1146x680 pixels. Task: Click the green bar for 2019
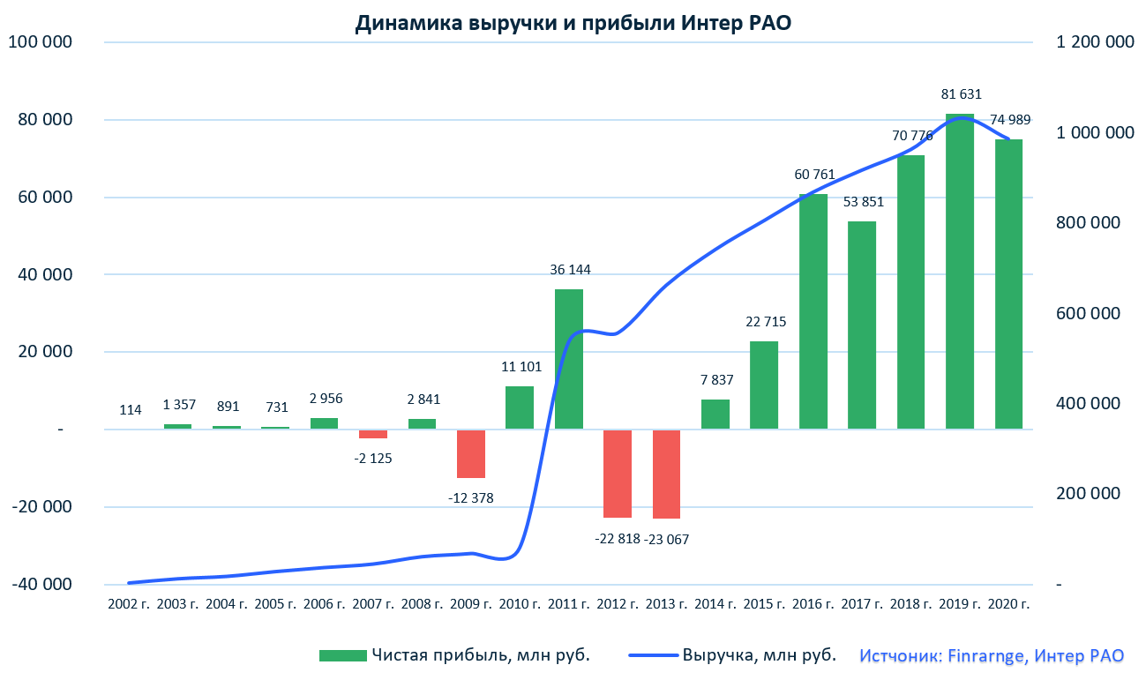tap(960, 272)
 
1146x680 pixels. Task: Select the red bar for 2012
tap(618, 474)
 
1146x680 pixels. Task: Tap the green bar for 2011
tap(569, 359)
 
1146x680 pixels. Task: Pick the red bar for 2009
tap(471, 454)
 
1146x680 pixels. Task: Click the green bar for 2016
tap(813, 311)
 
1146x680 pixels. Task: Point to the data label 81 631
tap(961, 94)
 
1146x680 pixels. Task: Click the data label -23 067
tap(666, 539)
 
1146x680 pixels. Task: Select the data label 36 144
tap(569, 270)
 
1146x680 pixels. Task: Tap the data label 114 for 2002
tap(131, 410)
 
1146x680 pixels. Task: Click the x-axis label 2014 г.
tap(715, 604)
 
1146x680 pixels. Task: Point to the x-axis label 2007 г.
tap(373, 604)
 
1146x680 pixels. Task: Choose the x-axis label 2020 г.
tap(1008, 604)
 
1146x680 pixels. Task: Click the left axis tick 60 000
tap(41, 198)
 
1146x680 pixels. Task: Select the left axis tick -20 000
tap(41, 507)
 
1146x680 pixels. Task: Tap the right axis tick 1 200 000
tap(1095, 42)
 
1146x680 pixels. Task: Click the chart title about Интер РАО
tap(573, 24)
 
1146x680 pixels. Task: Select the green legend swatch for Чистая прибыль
tap(342, 655)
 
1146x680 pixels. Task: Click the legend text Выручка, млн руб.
tap(758, 655)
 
